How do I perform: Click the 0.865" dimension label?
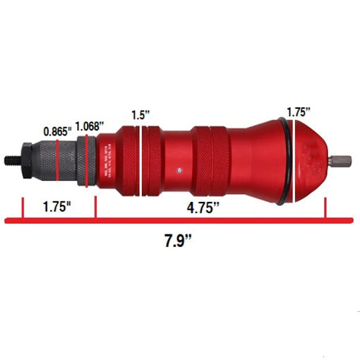[56, 131]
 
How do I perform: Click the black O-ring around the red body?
[284, 162]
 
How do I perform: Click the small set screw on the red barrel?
[181, 169]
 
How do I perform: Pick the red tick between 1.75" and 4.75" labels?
[95, 208]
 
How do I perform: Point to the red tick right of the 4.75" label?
[325, 208]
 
